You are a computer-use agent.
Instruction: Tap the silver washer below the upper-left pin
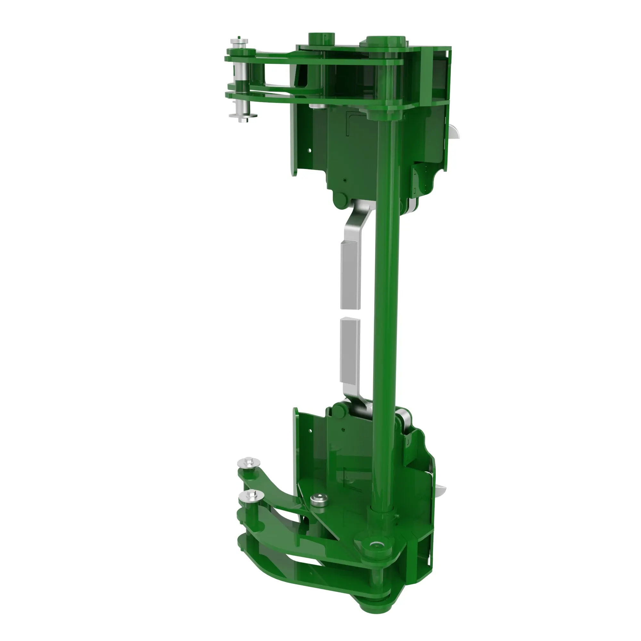coord(243,116)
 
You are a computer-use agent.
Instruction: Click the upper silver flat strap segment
coord(350,275)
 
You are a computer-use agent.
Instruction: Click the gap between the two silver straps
coord(350,313)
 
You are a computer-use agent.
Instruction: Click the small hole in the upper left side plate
coord(310,150)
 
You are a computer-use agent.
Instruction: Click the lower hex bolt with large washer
coord(251,496)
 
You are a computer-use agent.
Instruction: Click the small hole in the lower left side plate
coord(311,431)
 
